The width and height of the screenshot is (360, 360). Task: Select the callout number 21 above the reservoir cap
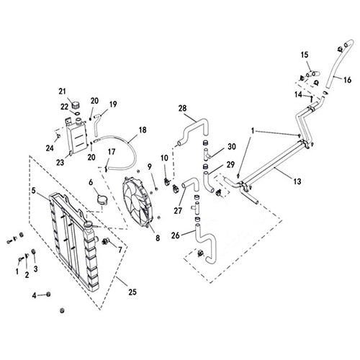63,91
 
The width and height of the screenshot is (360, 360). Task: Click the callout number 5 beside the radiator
34,192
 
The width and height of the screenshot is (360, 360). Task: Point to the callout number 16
347,80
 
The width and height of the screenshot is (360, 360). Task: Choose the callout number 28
181,108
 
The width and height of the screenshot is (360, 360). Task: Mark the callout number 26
175,234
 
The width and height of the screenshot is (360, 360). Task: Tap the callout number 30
231,147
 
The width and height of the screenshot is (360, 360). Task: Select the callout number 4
34,294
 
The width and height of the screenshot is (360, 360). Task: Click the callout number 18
142,130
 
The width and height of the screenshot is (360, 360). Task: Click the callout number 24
50,149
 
